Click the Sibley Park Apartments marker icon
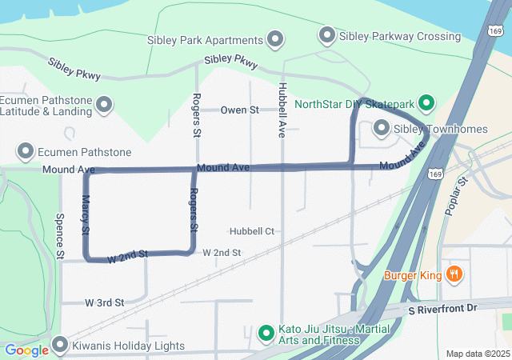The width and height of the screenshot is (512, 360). pyautogui.click(x=276, y=39)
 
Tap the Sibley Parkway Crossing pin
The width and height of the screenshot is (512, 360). pyautogui.click(x=326, y=36)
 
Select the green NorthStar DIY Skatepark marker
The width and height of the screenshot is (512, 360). pyautogui.click(x=426, y=103)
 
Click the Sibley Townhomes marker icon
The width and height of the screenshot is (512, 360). pyautogui.click(x=382, y=128)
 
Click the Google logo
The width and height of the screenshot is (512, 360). pyautogui.click(x=26, y=350)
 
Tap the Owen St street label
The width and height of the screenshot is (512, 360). pyautogui.click(x=240, y=110)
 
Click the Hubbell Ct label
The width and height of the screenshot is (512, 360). pyautogui.click(x=252, y=231)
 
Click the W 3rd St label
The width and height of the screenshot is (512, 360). pyautogui.click(x=104, y=303)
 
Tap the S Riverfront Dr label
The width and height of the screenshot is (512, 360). pyautogui.click(x=442, y=309)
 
